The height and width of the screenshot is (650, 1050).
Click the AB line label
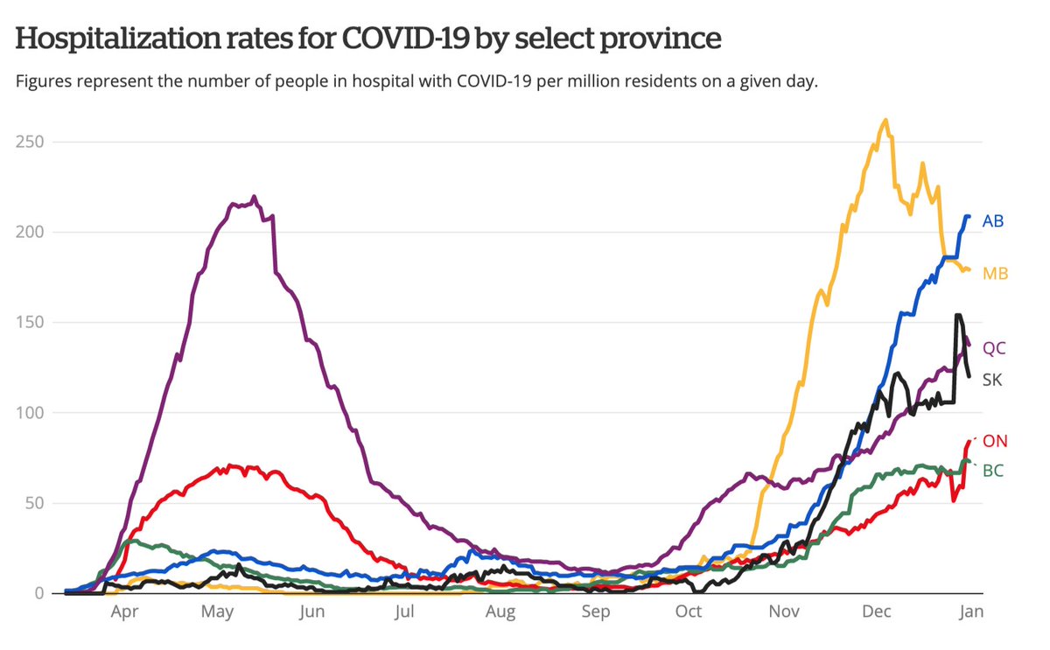click(992, 221)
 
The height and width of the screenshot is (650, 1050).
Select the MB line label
click(995, 274)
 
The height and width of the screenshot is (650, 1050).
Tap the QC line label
click(994, 348)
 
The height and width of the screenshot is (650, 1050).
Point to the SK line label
click(992, 381)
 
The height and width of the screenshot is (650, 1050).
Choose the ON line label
click(995, 441)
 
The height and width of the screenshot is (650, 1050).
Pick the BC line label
click(992, 471)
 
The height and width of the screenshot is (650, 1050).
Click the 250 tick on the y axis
click(31, 142)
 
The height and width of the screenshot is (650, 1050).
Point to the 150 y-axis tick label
click(31, 323)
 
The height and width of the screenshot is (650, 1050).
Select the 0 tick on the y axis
click(39, 593)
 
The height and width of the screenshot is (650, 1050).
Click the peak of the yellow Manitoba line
click(886, 121)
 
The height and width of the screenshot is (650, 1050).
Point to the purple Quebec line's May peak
click(254, 198)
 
